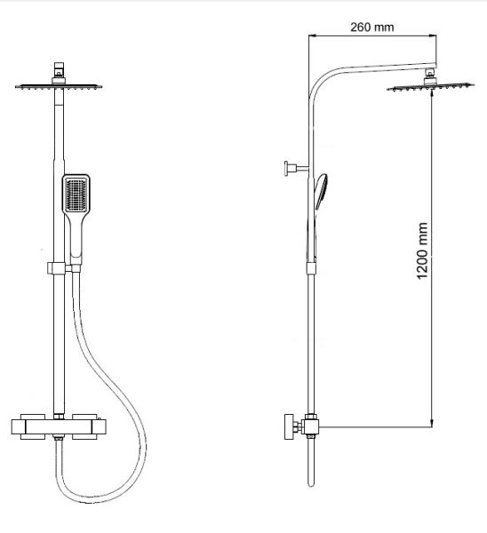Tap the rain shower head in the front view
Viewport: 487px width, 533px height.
[60, 86]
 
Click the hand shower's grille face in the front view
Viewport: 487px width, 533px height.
[77, 195]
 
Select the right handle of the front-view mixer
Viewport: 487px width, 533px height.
[90, 427]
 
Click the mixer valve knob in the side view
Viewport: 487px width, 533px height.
[289, 427]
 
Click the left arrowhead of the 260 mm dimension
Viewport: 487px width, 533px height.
[312, 36]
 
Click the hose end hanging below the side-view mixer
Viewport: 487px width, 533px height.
[309, 471]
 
